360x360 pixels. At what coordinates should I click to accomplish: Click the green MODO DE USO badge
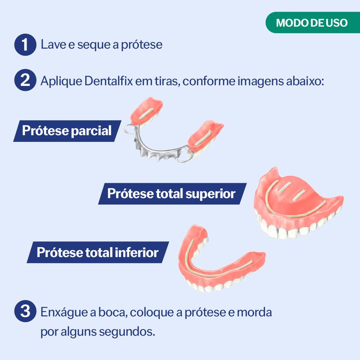click(x=313, y=22)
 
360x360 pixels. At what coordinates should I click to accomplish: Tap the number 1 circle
click(x=25, y=45)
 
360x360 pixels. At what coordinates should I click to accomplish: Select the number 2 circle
click(x=25, y=80)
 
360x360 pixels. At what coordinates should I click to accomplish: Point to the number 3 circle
click(x=25, y=311)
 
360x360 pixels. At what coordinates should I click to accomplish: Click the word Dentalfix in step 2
click(x=108, y=81)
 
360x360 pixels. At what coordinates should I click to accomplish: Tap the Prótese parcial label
click(x=67, y=131)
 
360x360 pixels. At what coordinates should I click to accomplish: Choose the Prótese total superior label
click(x=172, y=193)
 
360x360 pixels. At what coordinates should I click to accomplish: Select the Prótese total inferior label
click(x=98, y=252)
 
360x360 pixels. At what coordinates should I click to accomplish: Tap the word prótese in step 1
click(x=142, y=45)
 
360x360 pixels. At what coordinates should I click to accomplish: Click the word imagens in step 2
click(x=261, y=81)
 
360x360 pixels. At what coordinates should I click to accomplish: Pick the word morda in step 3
click(x=254, y=312)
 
